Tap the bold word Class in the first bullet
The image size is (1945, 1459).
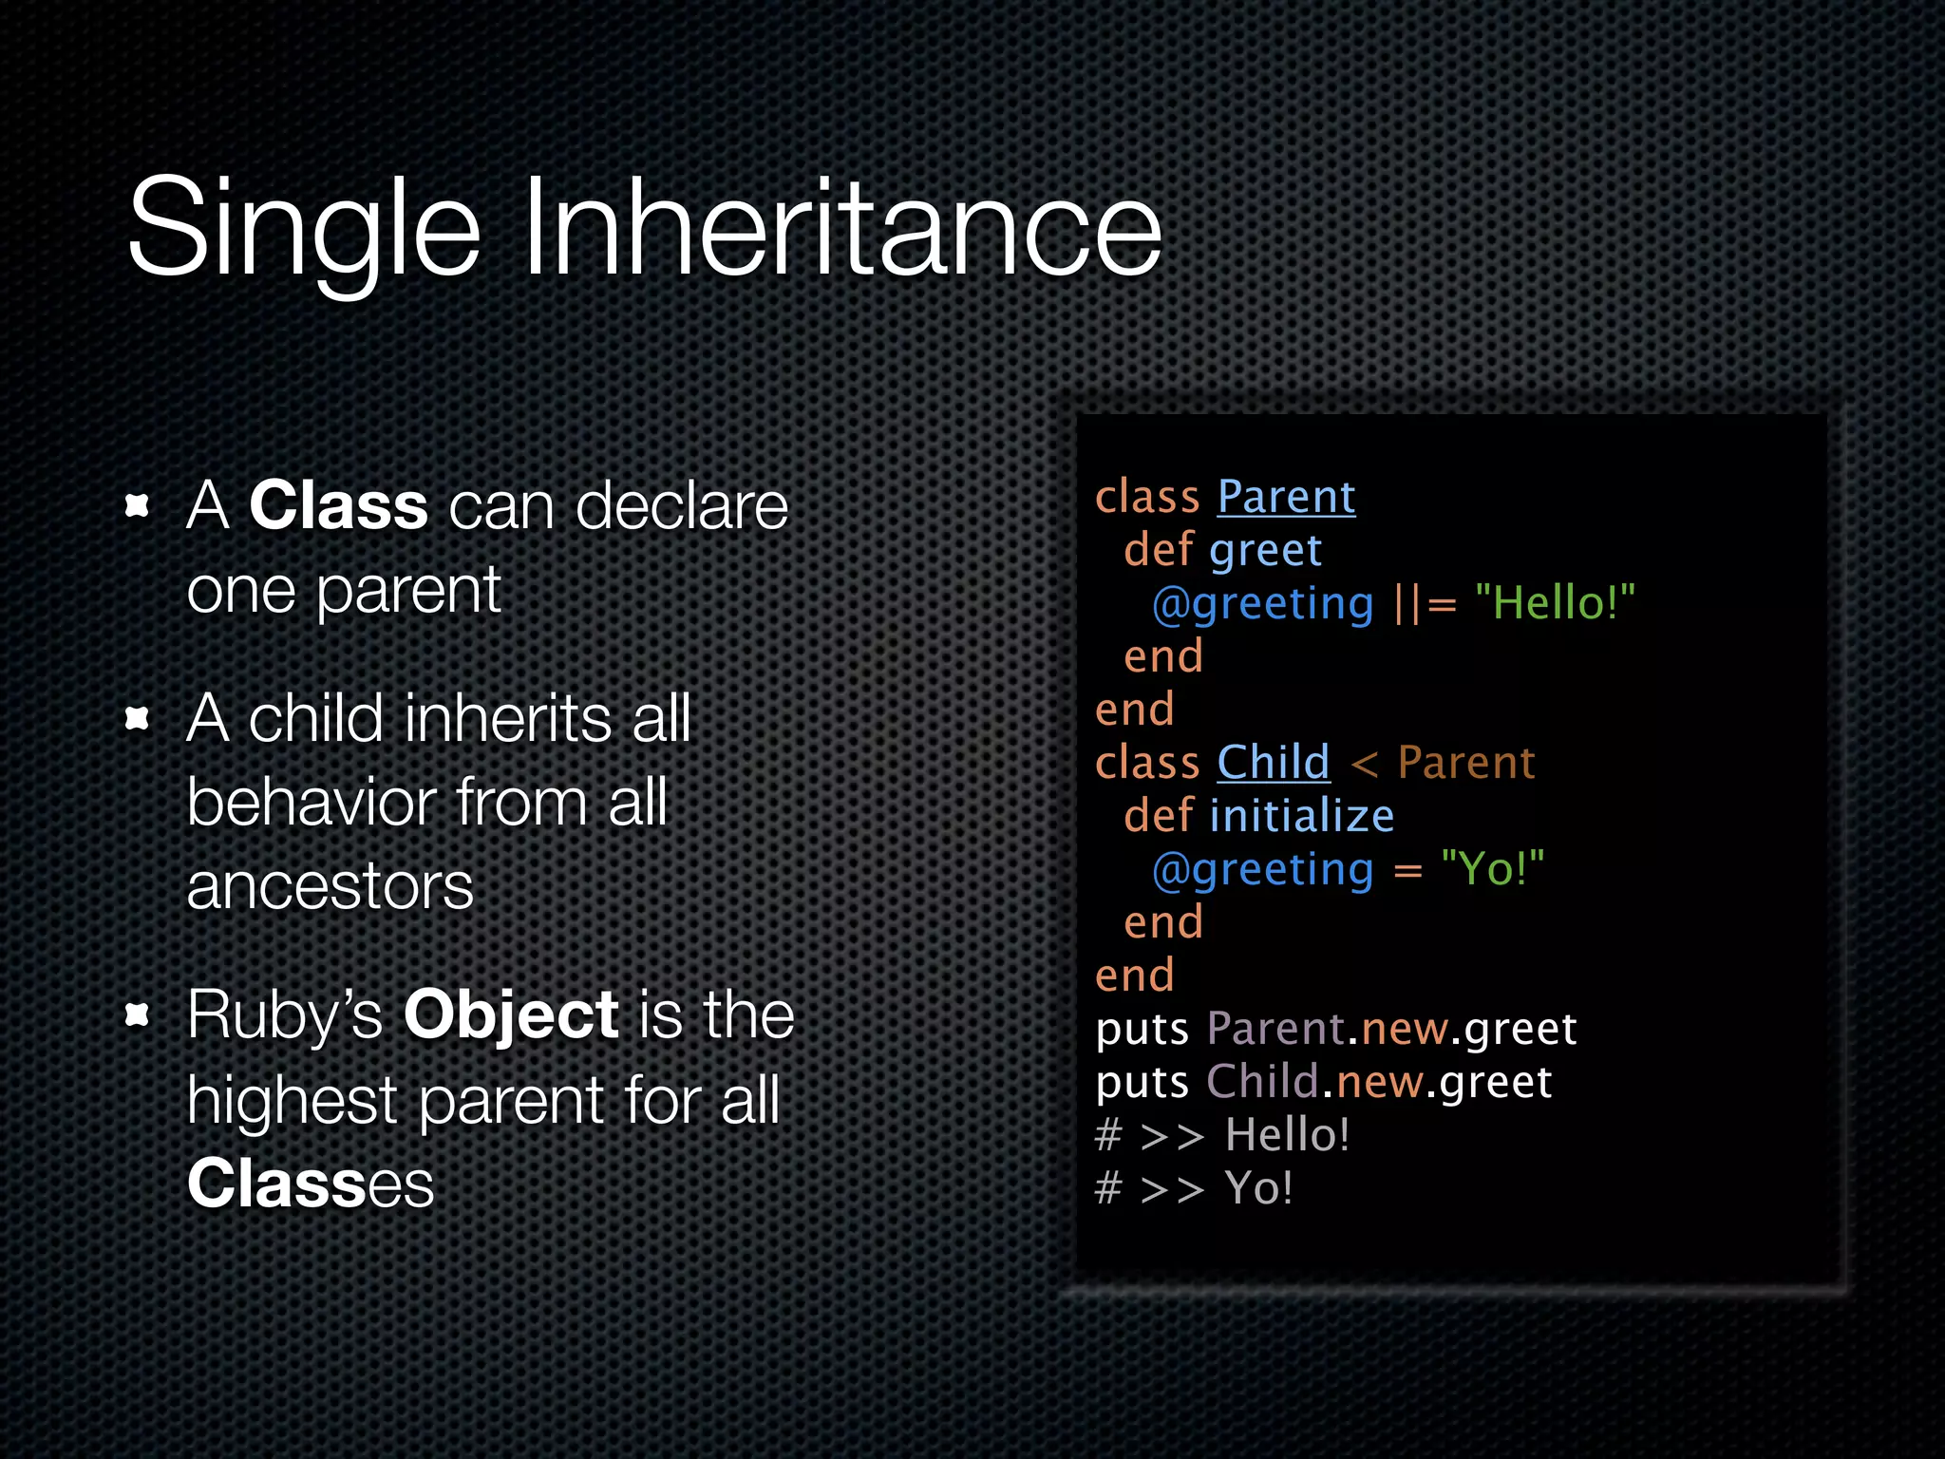338,505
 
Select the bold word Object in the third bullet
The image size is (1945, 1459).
511,1014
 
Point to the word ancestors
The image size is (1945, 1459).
330,886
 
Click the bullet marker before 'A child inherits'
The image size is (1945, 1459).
139,719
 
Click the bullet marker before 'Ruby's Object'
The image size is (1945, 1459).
139,1015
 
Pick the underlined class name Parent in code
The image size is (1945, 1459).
1286,497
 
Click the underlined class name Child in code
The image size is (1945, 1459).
1273,763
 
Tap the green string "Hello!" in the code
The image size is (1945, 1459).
1555,603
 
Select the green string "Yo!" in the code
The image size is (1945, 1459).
1492,869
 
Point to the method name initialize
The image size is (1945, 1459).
1301,816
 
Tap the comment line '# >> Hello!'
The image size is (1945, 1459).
1222,1135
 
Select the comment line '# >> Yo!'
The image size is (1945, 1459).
1194,1188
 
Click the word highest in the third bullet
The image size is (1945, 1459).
292,1100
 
